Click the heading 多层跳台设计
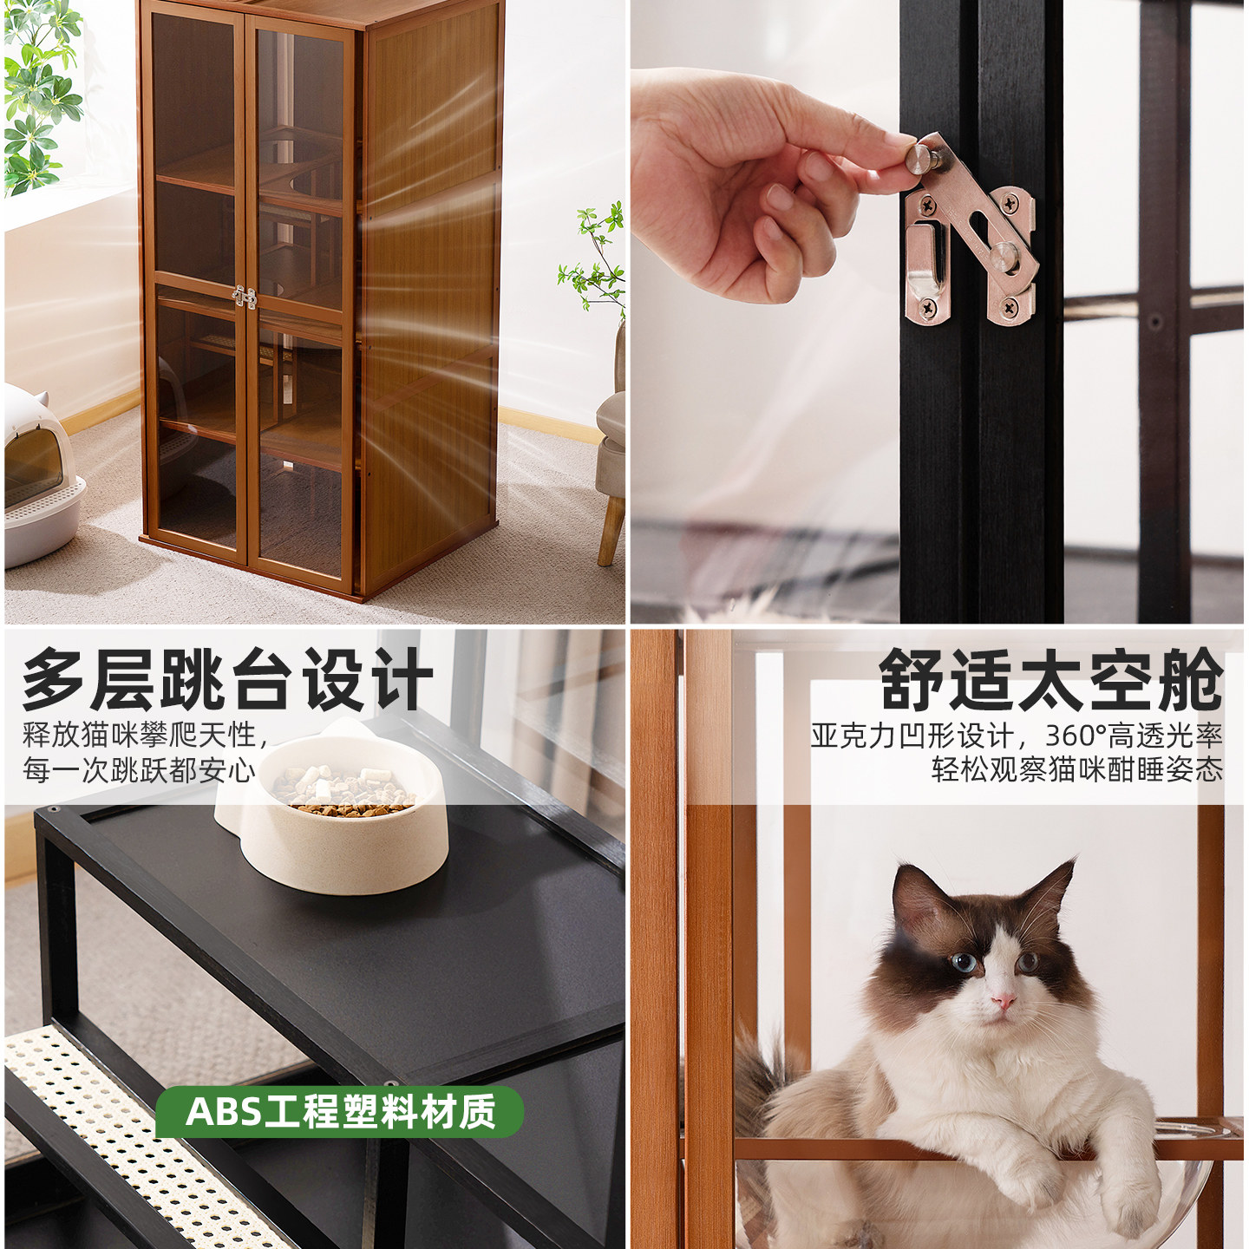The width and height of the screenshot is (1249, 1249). (x=227, y=679)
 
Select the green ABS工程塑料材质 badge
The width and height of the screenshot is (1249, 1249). (x=339, y=1112)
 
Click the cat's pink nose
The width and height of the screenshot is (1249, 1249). (x=1003, y=1003)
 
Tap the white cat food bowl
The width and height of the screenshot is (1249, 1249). (x=347, y=833)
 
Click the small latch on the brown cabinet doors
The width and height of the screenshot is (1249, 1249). (x=245, y=298)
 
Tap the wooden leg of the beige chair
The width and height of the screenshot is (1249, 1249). (x=611, y=529)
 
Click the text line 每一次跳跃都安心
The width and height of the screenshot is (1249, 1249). (x=139, y=770)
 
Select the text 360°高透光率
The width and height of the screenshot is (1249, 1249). (x=1134, y=736)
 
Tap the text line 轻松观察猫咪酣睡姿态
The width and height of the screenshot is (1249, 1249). (x=1076, y=770)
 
